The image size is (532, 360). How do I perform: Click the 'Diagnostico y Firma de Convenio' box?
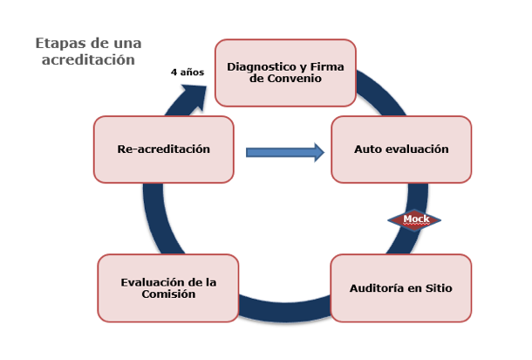[285, 72]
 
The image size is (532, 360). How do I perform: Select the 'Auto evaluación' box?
[401, 149]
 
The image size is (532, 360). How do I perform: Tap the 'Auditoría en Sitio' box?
[401, 287]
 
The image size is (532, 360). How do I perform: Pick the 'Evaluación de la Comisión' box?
[168, 287]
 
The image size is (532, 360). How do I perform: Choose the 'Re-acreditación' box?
[164, 149]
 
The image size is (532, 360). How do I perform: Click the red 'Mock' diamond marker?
[414, 219]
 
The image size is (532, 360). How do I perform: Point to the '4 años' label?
[187, 73]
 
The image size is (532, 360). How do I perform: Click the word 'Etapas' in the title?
[60, 43]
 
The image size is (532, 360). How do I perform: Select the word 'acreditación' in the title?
[88, 59]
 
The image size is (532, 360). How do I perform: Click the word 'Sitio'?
[437, 287]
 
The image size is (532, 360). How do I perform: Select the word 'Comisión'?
[168, 294]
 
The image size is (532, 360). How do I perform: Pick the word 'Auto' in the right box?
[367, 149]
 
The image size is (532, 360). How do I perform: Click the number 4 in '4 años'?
[173, 73]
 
